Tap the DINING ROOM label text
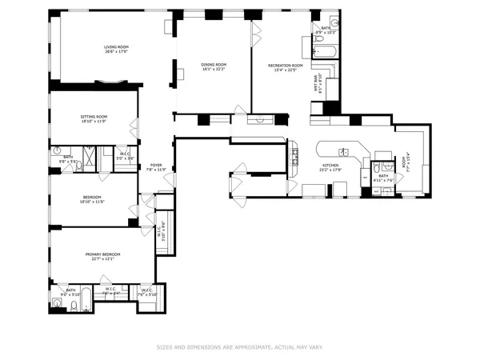pyautogui.click(x=214, y=64)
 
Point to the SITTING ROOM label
pyautogui.click(x=94, y=117)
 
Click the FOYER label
pyautogui.click(x=156, y=165)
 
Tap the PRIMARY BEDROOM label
pyautogui.click(x=102, y=254)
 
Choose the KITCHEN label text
pyautogui.click(x=330, y=166)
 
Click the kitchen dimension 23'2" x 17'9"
pyautogui.click(x=330, y=170)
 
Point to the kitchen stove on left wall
pyautogui.click(x=294, y=151)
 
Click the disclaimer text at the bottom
pyautogui.click(x=240, y=348)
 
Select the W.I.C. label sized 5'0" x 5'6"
pyautogui.click(x=124, y=156)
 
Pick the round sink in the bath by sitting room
pyautogui.click(x=58, y=150)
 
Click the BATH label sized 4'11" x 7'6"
pyautogui.click(x=382, y=177)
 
